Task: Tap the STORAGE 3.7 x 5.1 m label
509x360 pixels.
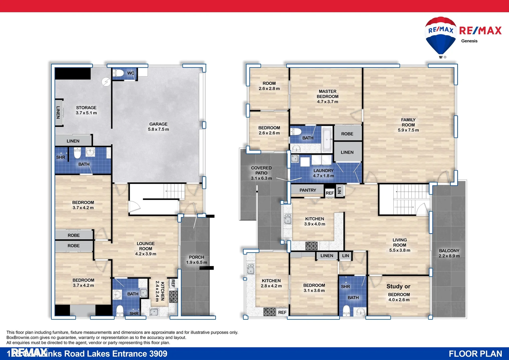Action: (x=86, y=110)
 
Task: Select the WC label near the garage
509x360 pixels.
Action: (x=131, y=73)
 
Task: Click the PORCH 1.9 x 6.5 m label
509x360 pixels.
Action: (x=197, y=260)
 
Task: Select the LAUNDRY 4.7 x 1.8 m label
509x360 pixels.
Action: (x=323, y=173)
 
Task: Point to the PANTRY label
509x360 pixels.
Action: (x=307, y=190)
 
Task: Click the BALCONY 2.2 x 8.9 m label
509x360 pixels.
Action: (x=449, y=253)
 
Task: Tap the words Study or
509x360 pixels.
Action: (x=398, y=286)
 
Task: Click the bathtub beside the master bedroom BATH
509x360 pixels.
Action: (x=327, y=139)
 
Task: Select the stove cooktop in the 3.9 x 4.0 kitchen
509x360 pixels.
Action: (x=311, y=246)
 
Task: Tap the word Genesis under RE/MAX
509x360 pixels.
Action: (x=469, y=41)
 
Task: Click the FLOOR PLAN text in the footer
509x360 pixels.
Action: (x=475, y=354)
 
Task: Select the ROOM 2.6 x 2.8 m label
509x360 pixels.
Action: (x=269, y=86)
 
